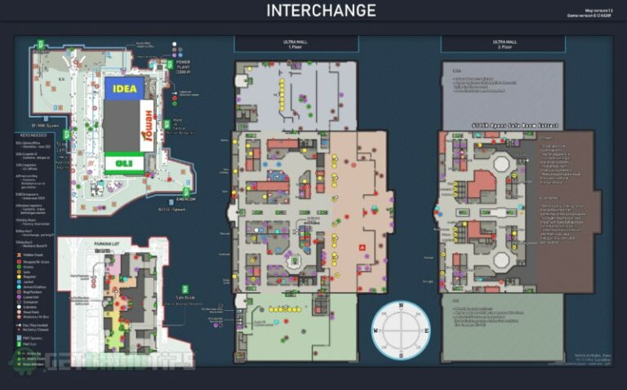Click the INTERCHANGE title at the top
point(321,11)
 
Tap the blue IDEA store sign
point(124,86)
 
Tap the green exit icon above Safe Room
point(186,289)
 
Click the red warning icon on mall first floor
point(360,245)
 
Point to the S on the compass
point(402,357)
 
